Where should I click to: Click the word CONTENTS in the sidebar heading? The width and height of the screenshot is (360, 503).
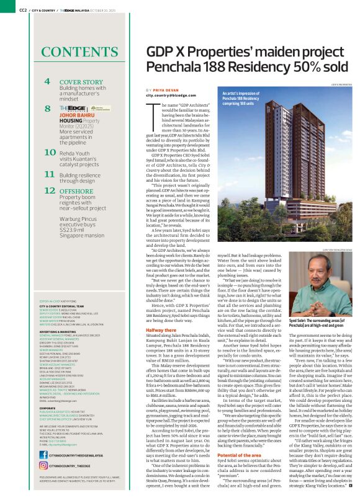point(72,51)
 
